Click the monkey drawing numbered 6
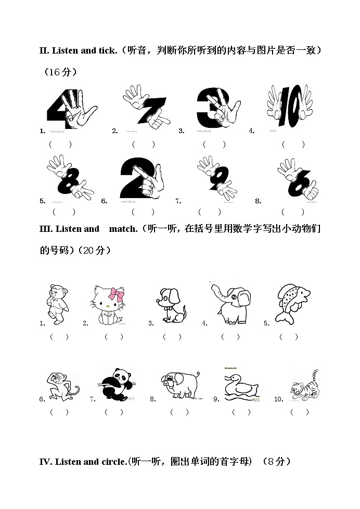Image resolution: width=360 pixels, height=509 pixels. point(60,386)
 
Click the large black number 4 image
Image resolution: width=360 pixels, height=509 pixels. point(70,109)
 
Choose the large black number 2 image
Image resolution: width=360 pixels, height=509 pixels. point(140,179)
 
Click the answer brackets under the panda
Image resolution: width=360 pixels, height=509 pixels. point(114,412)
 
